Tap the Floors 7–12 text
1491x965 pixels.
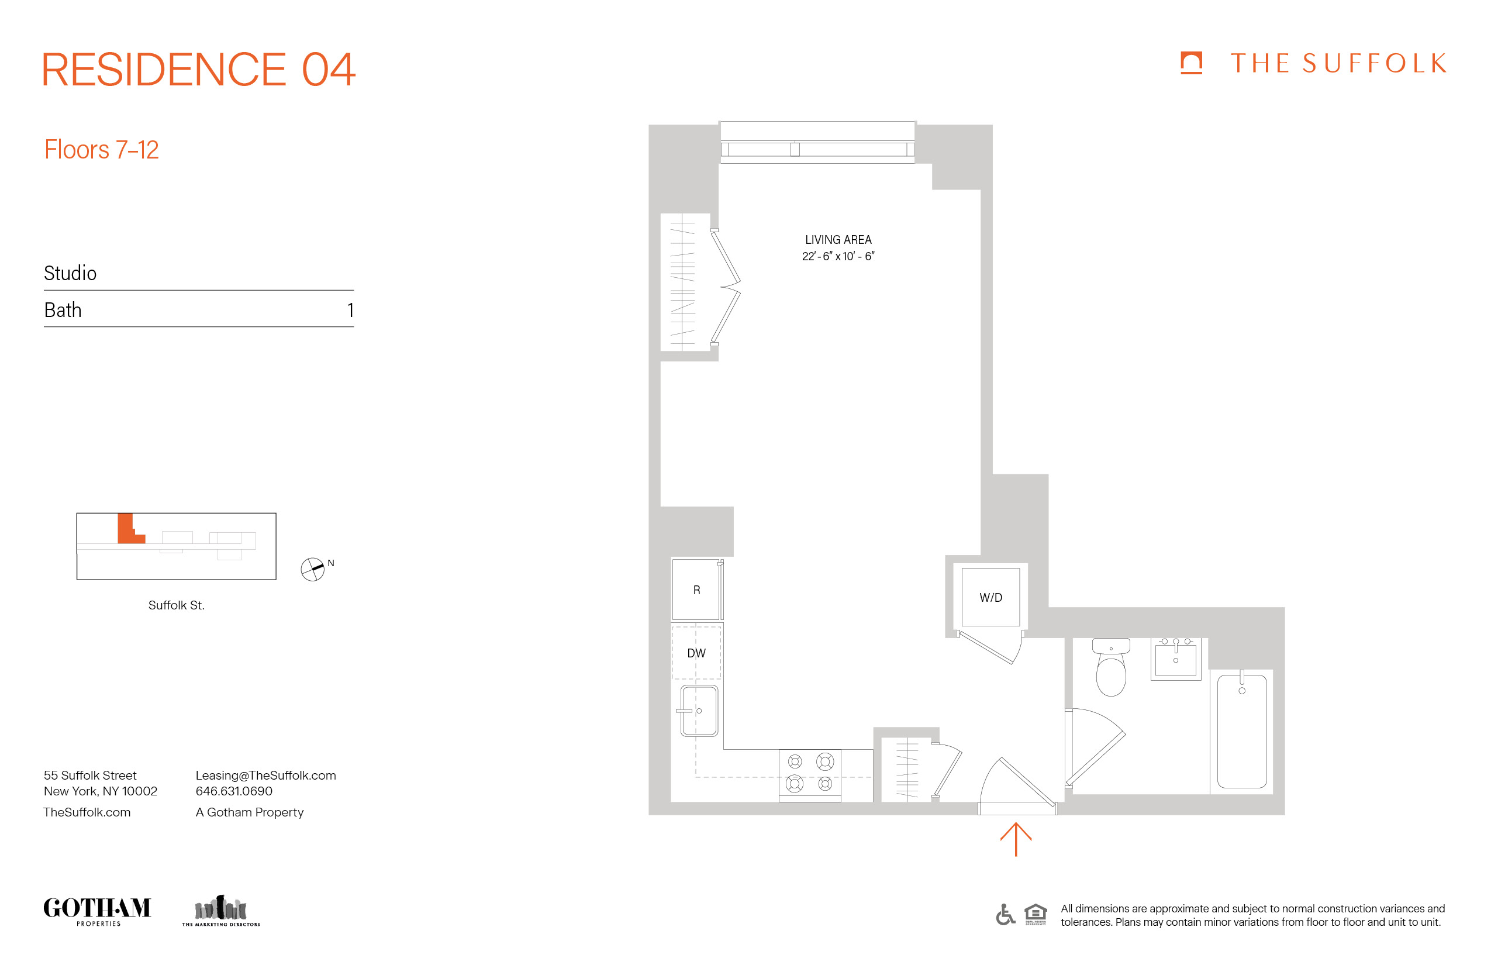(x=102, y=150)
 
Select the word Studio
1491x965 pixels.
(x=70, y=273)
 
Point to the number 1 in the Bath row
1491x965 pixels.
(x=350, y=310)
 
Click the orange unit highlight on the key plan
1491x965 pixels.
(x=127, y=529)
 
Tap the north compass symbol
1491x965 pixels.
(x=313, y=569)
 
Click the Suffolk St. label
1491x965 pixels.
(x=176, y=605)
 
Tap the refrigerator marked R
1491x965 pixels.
(x=696, y=590)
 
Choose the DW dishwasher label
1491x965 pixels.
(x=696, y=653)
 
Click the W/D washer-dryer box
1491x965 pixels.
(x=990, y=597)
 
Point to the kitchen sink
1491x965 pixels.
(x=699, y=711)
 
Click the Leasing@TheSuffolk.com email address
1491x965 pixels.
(x=265, y=775)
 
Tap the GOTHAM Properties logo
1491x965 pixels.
(x=97, y=910)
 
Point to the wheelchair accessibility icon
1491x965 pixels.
(x=1005, y=914)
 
